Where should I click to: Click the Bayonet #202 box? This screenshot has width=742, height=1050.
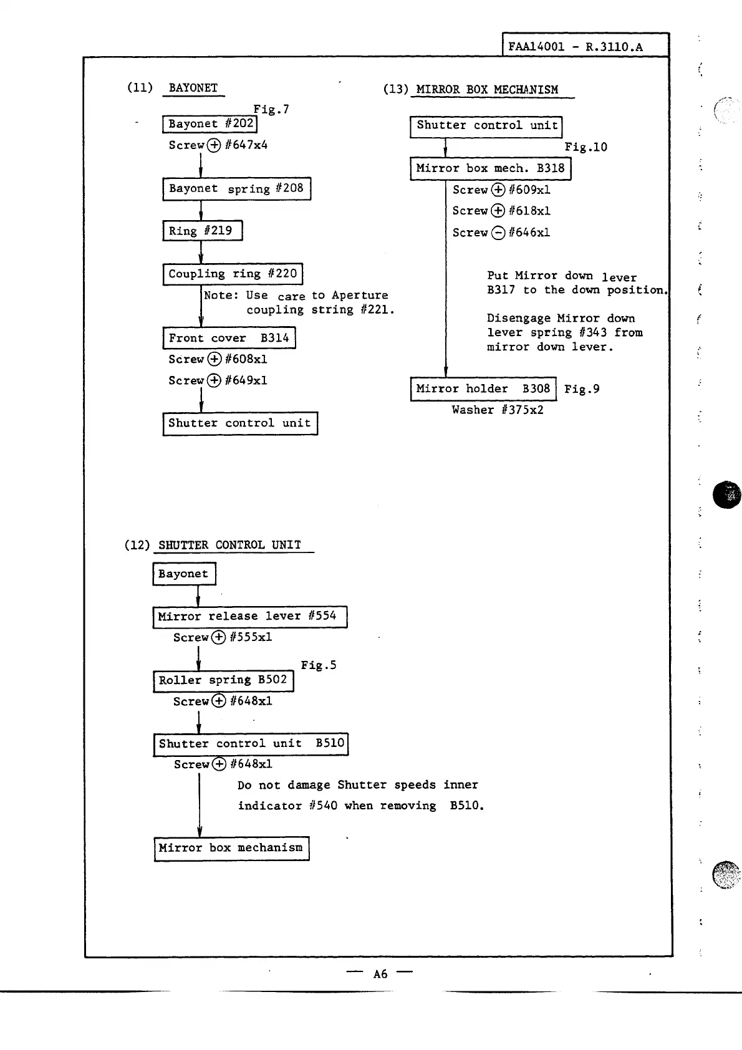(210, 124)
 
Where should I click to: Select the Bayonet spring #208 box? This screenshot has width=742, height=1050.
(236, 188)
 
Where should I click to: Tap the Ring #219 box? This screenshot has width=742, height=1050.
(202, 231)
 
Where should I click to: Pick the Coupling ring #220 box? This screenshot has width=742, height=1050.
(233, 274)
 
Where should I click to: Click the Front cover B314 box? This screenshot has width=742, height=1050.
(229, 338)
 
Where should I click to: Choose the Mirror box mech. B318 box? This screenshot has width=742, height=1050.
(490, 168)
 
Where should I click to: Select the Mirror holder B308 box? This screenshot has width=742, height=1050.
(483, 389)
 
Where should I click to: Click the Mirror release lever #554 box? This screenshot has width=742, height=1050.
(249, 617)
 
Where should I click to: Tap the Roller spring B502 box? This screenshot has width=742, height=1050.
(223, 680)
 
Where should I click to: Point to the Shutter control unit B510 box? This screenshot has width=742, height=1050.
(251, 744)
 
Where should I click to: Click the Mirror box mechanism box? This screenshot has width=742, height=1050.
(231, 848)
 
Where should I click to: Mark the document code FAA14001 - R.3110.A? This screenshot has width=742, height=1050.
(575, 47)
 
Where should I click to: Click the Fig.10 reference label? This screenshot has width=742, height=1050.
(585, 147)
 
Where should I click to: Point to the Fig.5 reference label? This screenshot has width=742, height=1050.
(319, 665)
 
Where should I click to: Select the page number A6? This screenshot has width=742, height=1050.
(380, 974)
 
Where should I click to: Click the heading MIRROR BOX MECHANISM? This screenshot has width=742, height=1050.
(487, 89)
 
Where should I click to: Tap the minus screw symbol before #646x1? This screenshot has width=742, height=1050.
(498, 233)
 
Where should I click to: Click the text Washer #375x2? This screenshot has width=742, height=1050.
(498, 410)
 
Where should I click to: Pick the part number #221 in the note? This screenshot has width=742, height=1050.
(375, 310)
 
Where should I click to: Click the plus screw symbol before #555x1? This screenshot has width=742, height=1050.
(218, 637)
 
